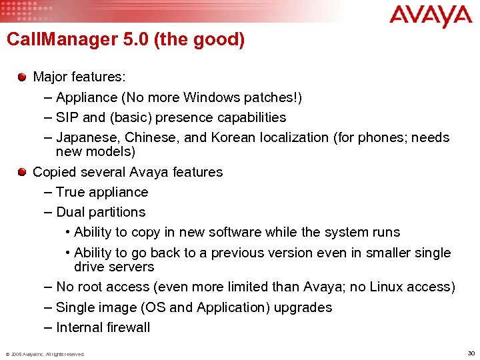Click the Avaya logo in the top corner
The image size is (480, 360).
click(431, 17)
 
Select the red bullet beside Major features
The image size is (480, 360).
click(23, 77)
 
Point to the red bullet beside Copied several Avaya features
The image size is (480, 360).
click(23, 172)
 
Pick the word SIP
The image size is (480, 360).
click(67, 117)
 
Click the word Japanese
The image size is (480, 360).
click(85, 138)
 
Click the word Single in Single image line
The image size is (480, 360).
click(76, 307)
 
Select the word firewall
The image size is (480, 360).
click(125, 327)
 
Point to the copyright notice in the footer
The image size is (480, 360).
click(45, 354)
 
